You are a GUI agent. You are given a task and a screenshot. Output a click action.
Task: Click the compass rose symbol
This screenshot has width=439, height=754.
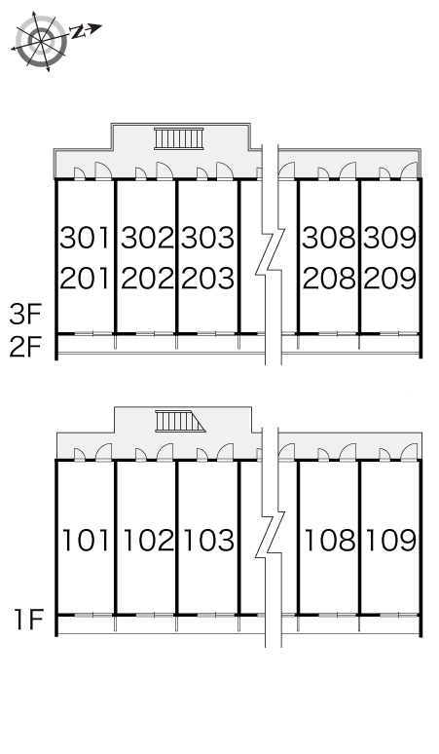[x=41, y=41]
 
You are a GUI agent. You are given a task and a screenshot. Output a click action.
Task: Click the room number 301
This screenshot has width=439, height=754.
[x=85, y=238]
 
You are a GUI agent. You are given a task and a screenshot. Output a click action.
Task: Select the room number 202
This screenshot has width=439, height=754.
[x=146, y=279]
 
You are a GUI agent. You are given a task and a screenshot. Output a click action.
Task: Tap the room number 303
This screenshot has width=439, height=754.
[x=208, y=238]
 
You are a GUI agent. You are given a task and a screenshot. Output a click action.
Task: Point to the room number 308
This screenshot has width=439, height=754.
[x=329, y=238]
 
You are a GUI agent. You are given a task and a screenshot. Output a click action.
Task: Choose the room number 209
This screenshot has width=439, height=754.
[x=389, y=279]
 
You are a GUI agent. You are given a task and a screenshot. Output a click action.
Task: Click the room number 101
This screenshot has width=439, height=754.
[x=87, y=540]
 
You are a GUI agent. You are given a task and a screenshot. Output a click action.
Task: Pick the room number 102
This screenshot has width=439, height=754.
[x=148, y=540]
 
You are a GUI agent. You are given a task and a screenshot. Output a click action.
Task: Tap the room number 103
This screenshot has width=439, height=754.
[x=209, y=540]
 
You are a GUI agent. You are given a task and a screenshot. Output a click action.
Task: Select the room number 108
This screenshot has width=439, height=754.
[x=330, y=540]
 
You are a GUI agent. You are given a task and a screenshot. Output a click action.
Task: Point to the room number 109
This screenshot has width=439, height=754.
[x=391, y=540]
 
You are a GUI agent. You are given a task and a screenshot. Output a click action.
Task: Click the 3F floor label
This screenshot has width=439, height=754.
[x=26, y=314]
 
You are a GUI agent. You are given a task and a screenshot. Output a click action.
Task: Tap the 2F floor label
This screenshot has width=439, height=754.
[x=26, y=347]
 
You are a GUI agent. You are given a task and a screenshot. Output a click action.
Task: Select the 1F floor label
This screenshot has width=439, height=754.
[x=29, y=620]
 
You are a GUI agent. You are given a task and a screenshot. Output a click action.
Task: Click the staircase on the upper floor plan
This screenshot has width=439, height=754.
[x=179, y=138]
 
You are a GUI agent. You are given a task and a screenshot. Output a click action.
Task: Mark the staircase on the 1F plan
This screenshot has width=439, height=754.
[x=180, y=421]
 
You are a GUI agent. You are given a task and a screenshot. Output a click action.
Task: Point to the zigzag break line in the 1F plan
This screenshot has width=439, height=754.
[x=270, y=535]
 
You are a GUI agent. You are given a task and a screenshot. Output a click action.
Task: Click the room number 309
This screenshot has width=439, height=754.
[x=389, y=238]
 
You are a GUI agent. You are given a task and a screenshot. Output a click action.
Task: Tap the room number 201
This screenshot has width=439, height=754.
[x=85, y=279]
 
